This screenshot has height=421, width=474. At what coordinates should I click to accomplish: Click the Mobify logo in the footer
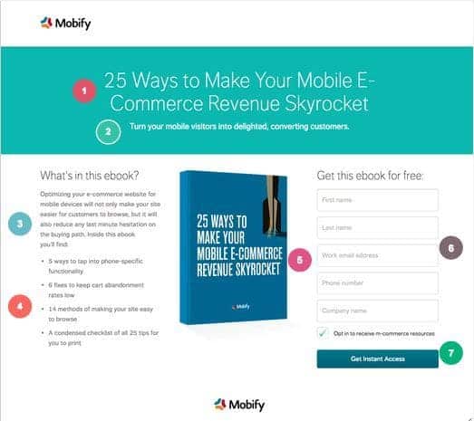238,404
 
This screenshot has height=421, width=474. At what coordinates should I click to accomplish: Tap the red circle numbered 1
85,91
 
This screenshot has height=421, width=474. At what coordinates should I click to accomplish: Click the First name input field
377,200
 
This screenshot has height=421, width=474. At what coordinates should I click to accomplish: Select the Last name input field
377,228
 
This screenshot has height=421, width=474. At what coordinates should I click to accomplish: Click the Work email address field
377,256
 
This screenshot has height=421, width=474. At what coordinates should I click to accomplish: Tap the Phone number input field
377,283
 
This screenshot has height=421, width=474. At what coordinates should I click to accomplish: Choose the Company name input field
377,311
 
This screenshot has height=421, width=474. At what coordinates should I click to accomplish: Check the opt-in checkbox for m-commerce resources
323,334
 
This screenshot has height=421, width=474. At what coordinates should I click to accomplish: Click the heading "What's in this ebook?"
89,176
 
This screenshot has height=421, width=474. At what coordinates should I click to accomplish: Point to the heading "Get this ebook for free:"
370,176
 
